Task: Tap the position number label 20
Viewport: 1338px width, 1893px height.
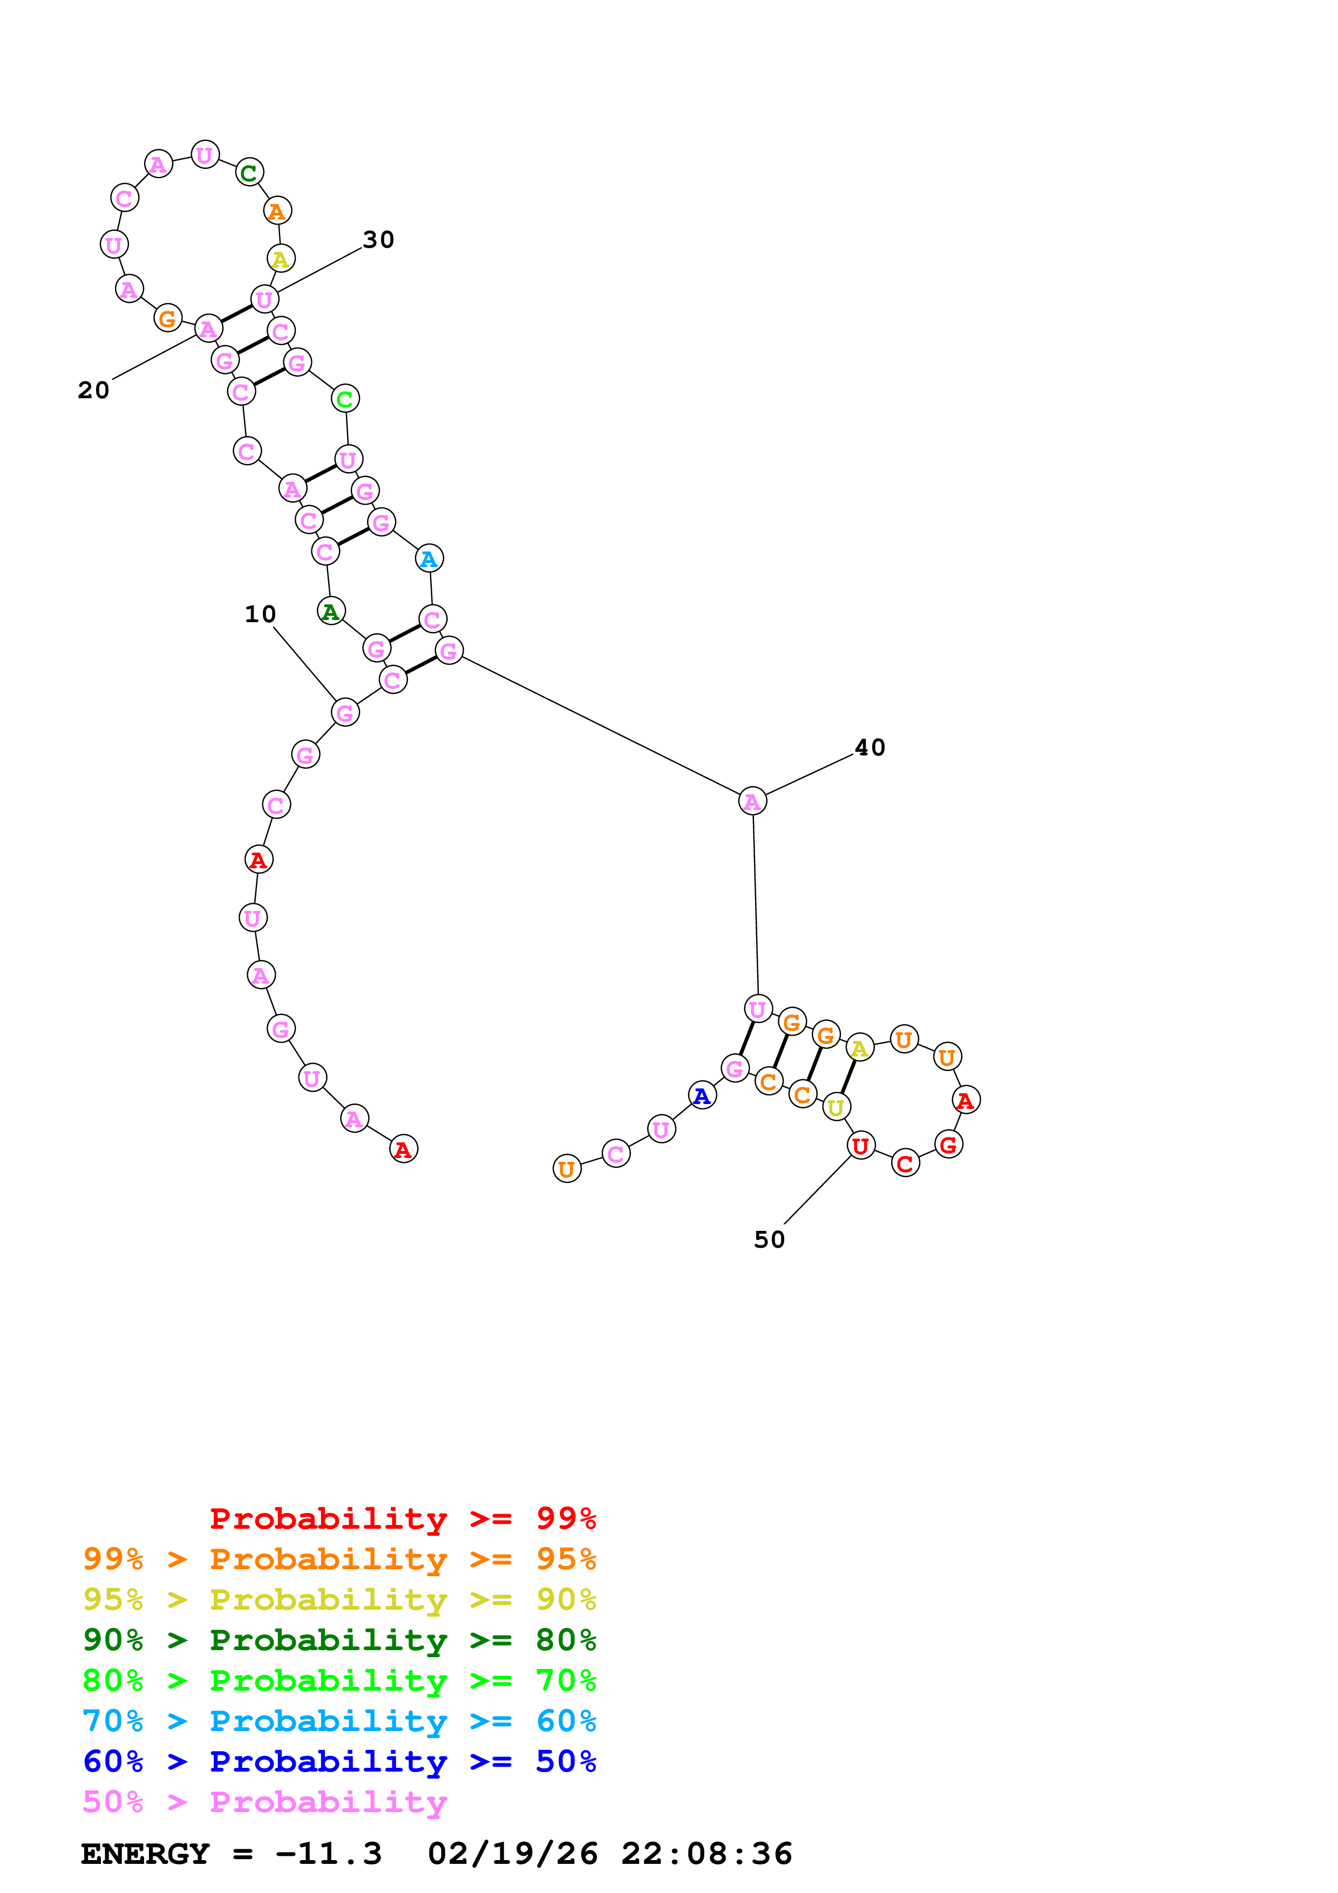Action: click(x=93, y=390)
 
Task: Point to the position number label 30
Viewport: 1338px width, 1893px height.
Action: click(x=378, y=240)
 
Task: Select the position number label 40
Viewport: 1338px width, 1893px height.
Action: click(x=870, y=748)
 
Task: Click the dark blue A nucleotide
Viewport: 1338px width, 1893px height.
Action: click(x=702, y=1096)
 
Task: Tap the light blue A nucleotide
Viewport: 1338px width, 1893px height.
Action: click(x=429, y=559)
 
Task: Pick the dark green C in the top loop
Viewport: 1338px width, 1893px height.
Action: click(x=249, y=173)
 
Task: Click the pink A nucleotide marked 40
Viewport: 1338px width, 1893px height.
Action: click(x=752, y=801)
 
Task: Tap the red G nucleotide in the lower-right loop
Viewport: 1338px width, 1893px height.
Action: click(x=949, y=1145)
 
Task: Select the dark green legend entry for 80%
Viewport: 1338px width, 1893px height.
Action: click(x=339, y=1640)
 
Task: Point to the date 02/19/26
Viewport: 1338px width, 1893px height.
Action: click(x=512, y=1854)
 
